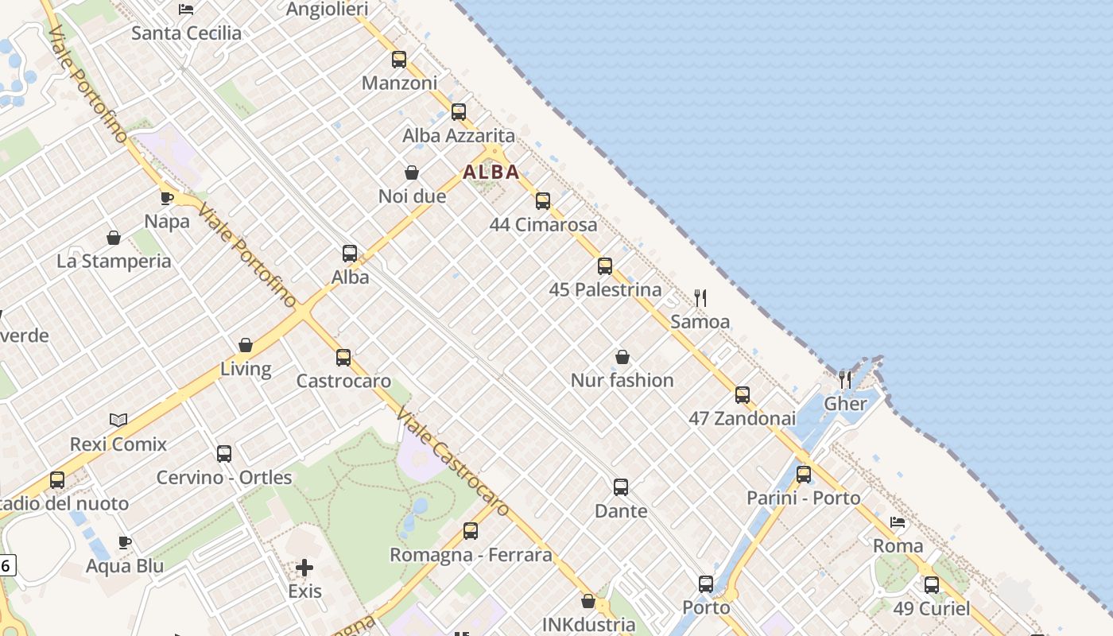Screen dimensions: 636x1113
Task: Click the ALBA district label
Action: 491,172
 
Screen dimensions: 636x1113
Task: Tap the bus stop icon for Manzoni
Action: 399,60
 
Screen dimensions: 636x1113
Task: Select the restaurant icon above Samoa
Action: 700,298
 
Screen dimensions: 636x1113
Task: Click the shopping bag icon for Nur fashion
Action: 622,357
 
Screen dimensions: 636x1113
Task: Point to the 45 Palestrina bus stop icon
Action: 605,266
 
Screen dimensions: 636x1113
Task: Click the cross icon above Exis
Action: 304,568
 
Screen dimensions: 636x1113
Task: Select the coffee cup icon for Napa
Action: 167,198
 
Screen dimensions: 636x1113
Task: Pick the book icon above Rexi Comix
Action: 118,420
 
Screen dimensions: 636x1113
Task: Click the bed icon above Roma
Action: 898,522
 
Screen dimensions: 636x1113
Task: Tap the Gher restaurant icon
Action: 845,380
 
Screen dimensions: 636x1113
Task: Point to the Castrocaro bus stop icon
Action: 343,358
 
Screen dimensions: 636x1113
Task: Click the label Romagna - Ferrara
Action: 471,555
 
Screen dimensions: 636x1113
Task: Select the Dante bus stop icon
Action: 621,487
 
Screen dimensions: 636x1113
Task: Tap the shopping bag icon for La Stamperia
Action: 114,238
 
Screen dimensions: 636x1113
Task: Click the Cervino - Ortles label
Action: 224,478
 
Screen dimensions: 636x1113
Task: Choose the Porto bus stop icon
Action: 706,584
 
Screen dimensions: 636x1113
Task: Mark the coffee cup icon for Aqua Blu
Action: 125,543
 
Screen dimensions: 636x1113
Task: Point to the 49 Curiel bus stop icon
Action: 932,586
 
